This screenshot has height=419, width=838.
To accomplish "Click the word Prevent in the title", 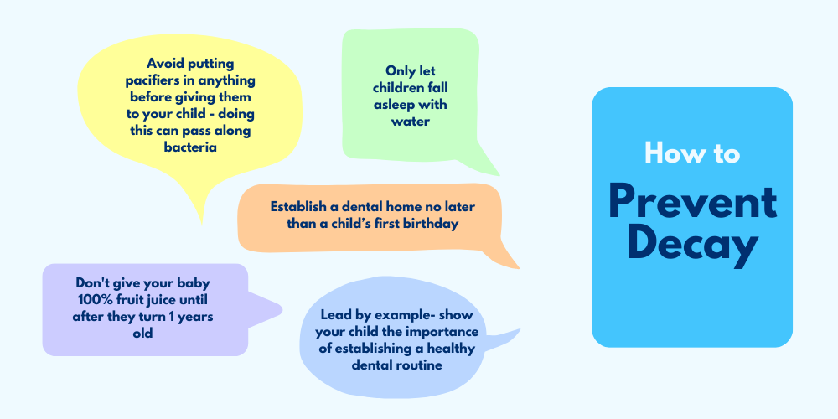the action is (x=692, y=202).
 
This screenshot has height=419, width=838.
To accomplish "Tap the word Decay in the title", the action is (x=693, y=246).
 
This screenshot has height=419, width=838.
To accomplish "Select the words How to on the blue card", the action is (x=692, y=153).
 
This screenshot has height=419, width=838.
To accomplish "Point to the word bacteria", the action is (x=190, y=147).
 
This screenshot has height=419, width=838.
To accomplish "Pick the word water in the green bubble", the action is (x=411, y=121).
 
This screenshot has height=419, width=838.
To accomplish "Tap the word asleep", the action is (x=394, y=105).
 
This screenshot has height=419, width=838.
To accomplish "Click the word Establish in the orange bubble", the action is (x=296, y=206).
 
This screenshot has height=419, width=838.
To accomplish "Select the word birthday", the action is (x=431, y=224).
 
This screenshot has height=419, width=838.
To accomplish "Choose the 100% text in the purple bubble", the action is (x=94, y=299).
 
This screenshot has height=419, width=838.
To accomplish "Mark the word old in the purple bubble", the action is (x=142, y=333).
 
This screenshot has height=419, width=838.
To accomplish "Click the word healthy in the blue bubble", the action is (x=453, y=349).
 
